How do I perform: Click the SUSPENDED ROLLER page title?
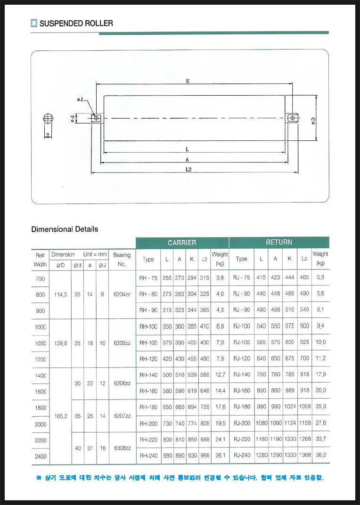click(x=76, y=23)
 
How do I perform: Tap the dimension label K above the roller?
click(x=188, y=81)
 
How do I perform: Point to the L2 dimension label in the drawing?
click(x=188, y=169)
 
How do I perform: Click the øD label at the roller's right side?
click(x=313, y=121)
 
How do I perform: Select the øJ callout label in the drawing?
click(x=80, y=100)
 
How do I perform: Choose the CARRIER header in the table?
click(x=182, y=243)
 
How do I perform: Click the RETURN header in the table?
click(x=279, y=242)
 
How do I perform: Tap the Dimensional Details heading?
click(x=65, y=229)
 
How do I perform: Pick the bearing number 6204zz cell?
click(x=122, y=294)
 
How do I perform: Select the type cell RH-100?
click(x=148, y=326)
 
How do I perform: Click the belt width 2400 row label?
click(x=40, y=456)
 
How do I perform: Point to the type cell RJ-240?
click(x=241, y=456)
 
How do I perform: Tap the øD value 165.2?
click(x=60, y=416)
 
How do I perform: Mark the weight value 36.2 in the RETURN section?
click(x=321, y=456)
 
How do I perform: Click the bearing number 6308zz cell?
click(x=122, y=448)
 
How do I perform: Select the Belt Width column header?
click(x=40, y=260)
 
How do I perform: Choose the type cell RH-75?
click(x=148, y=278)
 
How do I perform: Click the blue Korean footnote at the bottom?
click(x=180, y=478)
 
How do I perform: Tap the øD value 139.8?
click(x=60, y=343)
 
